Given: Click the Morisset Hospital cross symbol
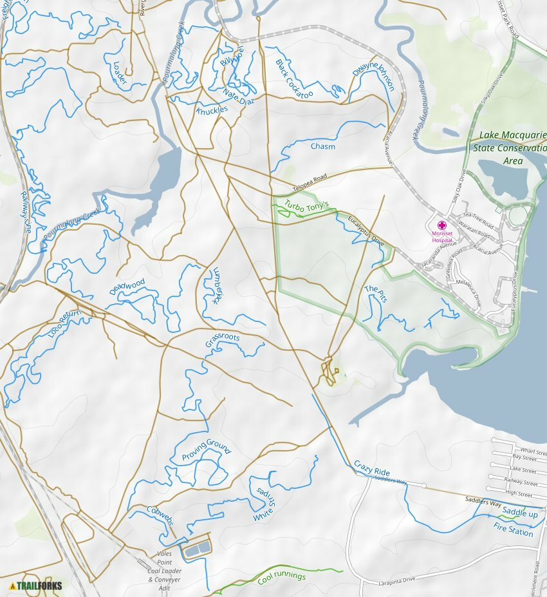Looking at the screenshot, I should click(441, 225).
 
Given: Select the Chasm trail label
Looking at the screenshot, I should click(323, 147).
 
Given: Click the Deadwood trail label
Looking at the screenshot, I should click(127, 287).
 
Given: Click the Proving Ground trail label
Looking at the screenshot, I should click(205, 451).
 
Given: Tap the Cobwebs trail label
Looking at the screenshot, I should click(160, 515).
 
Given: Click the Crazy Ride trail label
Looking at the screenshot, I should click(372, 468).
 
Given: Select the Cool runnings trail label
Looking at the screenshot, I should click(281, 577).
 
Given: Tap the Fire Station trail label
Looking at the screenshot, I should click(513, 529).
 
